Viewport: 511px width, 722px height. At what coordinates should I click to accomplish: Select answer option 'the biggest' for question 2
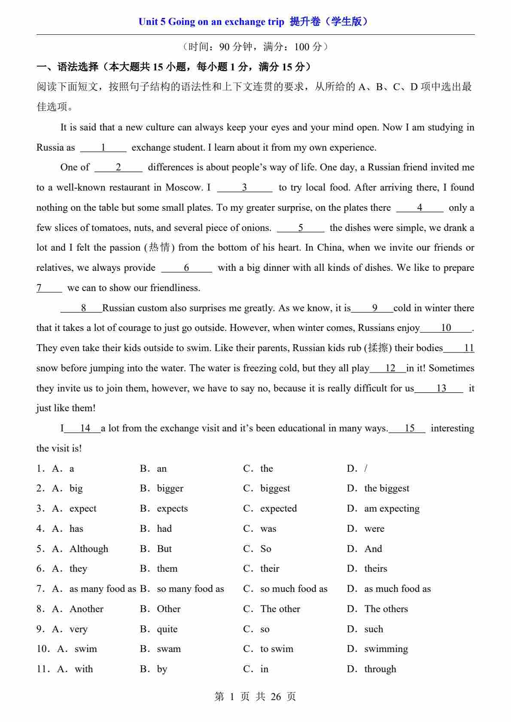386,488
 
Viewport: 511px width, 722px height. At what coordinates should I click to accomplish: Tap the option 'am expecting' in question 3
392,509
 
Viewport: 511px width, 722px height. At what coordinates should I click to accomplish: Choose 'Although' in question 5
89,549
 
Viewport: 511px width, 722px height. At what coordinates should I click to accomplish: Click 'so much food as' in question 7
294,589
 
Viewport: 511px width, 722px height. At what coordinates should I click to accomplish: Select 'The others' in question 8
386,609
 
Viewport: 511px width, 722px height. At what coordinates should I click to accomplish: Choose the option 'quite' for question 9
167,629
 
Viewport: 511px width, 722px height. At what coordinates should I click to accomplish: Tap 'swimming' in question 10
386,649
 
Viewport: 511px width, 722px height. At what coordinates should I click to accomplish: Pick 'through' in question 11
380,669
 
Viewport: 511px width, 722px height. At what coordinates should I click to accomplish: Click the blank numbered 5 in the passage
301,228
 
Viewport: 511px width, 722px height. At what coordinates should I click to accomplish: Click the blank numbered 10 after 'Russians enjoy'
446,328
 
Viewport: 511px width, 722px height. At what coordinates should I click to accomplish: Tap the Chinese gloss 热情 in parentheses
159,248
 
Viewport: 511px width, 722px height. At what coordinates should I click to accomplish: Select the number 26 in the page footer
276,697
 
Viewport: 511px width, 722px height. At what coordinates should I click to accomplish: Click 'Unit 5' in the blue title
152,22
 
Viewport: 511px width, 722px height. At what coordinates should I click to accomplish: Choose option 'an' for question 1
161,469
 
